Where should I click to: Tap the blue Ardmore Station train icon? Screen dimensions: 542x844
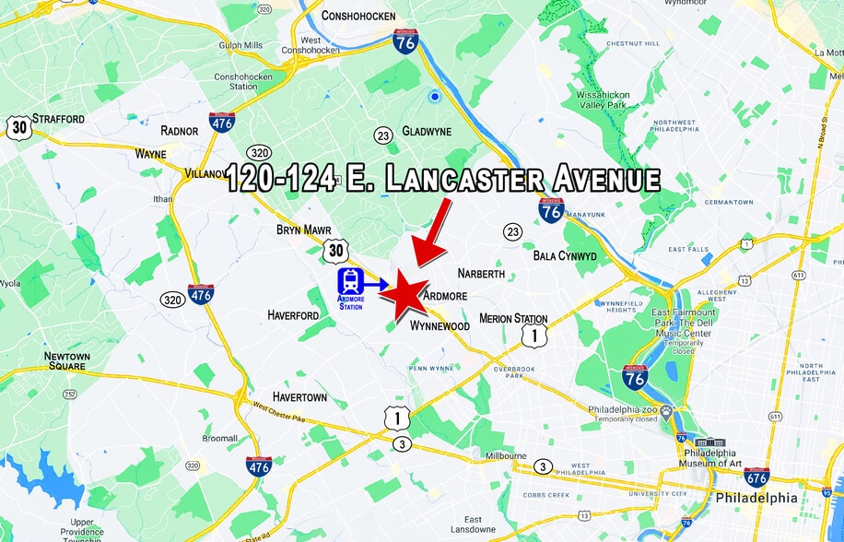pos(350,281)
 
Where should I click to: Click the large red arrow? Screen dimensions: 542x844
pos(431,231)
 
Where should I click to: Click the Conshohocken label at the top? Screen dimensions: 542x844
pos(358,16)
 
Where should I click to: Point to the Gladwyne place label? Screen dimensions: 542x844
pos(427,131)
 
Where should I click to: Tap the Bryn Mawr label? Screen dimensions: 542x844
pos(302,230)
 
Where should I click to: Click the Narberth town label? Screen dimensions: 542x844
pos(481,274)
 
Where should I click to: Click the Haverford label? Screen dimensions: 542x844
pos(293,315)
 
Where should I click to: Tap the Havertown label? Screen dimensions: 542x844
pos(299,396)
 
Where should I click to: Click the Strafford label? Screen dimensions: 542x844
pos(58,119)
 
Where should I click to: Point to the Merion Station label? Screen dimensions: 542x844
pos(513,319)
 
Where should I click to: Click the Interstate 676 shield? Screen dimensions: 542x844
pos(756,477)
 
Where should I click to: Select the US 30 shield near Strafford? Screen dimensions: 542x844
pos(18,128)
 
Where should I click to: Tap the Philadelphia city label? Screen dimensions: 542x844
pos(756,498)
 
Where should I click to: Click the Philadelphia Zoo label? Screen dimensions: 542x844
pos(624,409)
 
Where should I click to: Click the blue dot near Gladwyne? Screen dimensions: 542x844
pos(434,96)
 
